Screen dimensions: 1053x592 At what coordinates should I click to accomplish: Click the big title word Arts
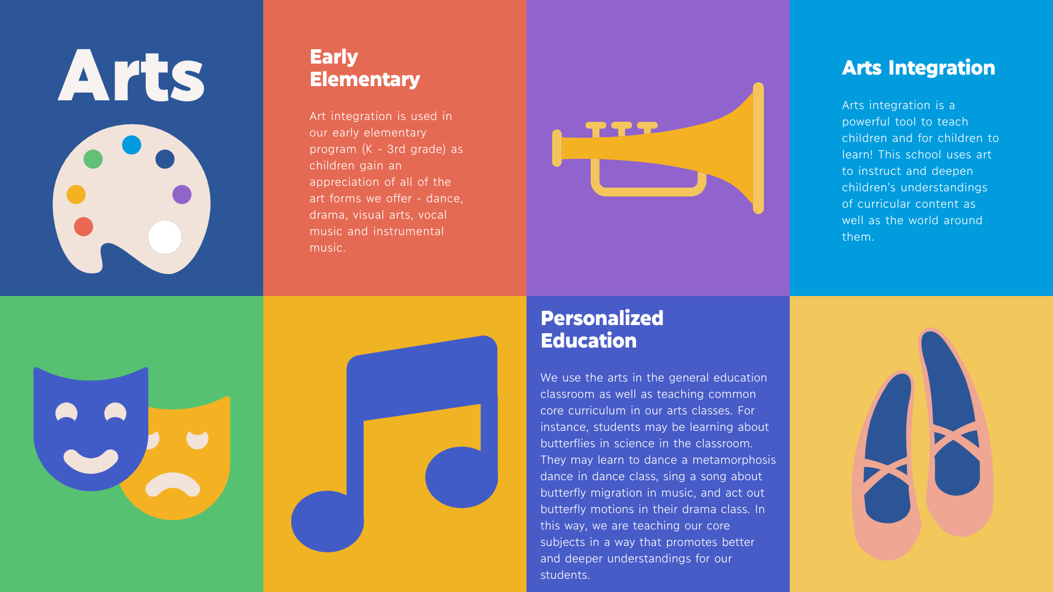131,75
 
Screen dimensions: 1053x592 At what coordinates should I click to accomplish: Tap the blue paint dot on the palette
132,145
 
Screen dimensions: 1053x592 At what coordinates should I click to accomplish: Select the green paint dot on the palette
93,159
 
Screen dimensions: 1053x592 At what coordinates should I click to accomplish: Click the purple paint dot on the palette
182,194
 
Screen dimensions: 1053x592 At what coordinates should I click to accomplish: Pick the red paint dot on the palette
83,226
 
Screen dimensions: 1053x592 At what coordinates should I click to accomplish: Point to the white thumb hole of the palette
165,237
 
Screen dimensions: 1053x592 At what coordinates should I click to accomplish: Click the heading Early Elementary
365,68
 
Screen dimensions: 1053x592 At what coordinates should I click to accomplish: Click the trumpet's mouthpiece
557,148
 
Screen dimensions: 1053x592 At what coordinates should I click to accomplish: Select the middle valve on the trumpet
621,129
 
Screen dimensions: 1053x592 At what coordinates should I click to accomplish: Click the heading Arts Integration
919,68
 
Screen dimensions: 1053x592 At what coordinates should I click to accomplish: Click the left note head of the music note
327,521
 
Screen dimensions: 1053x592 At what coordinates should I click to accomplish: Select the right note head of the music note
461,477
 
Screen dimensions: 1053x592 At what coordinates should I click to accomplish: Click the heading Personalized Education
602,329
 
